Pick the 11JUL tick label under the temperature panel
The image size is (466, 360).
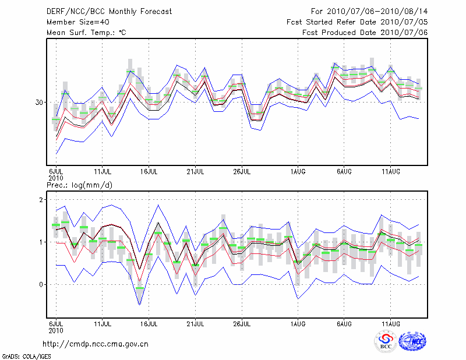tap(103, 171)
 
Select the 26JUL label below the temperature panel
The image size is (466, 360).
tap(242, 171)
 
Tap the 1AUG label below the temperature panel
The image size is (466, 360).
tap(298, 171)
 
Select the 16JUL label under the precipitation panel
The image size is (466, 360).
tap(149, 323)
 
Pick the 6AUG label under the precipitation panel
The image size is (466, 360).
tap(344, 323)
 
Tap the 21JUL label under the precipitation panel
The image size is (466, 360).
tap(196, 323)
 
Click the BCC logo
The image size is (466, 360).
tap(386, 342)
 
